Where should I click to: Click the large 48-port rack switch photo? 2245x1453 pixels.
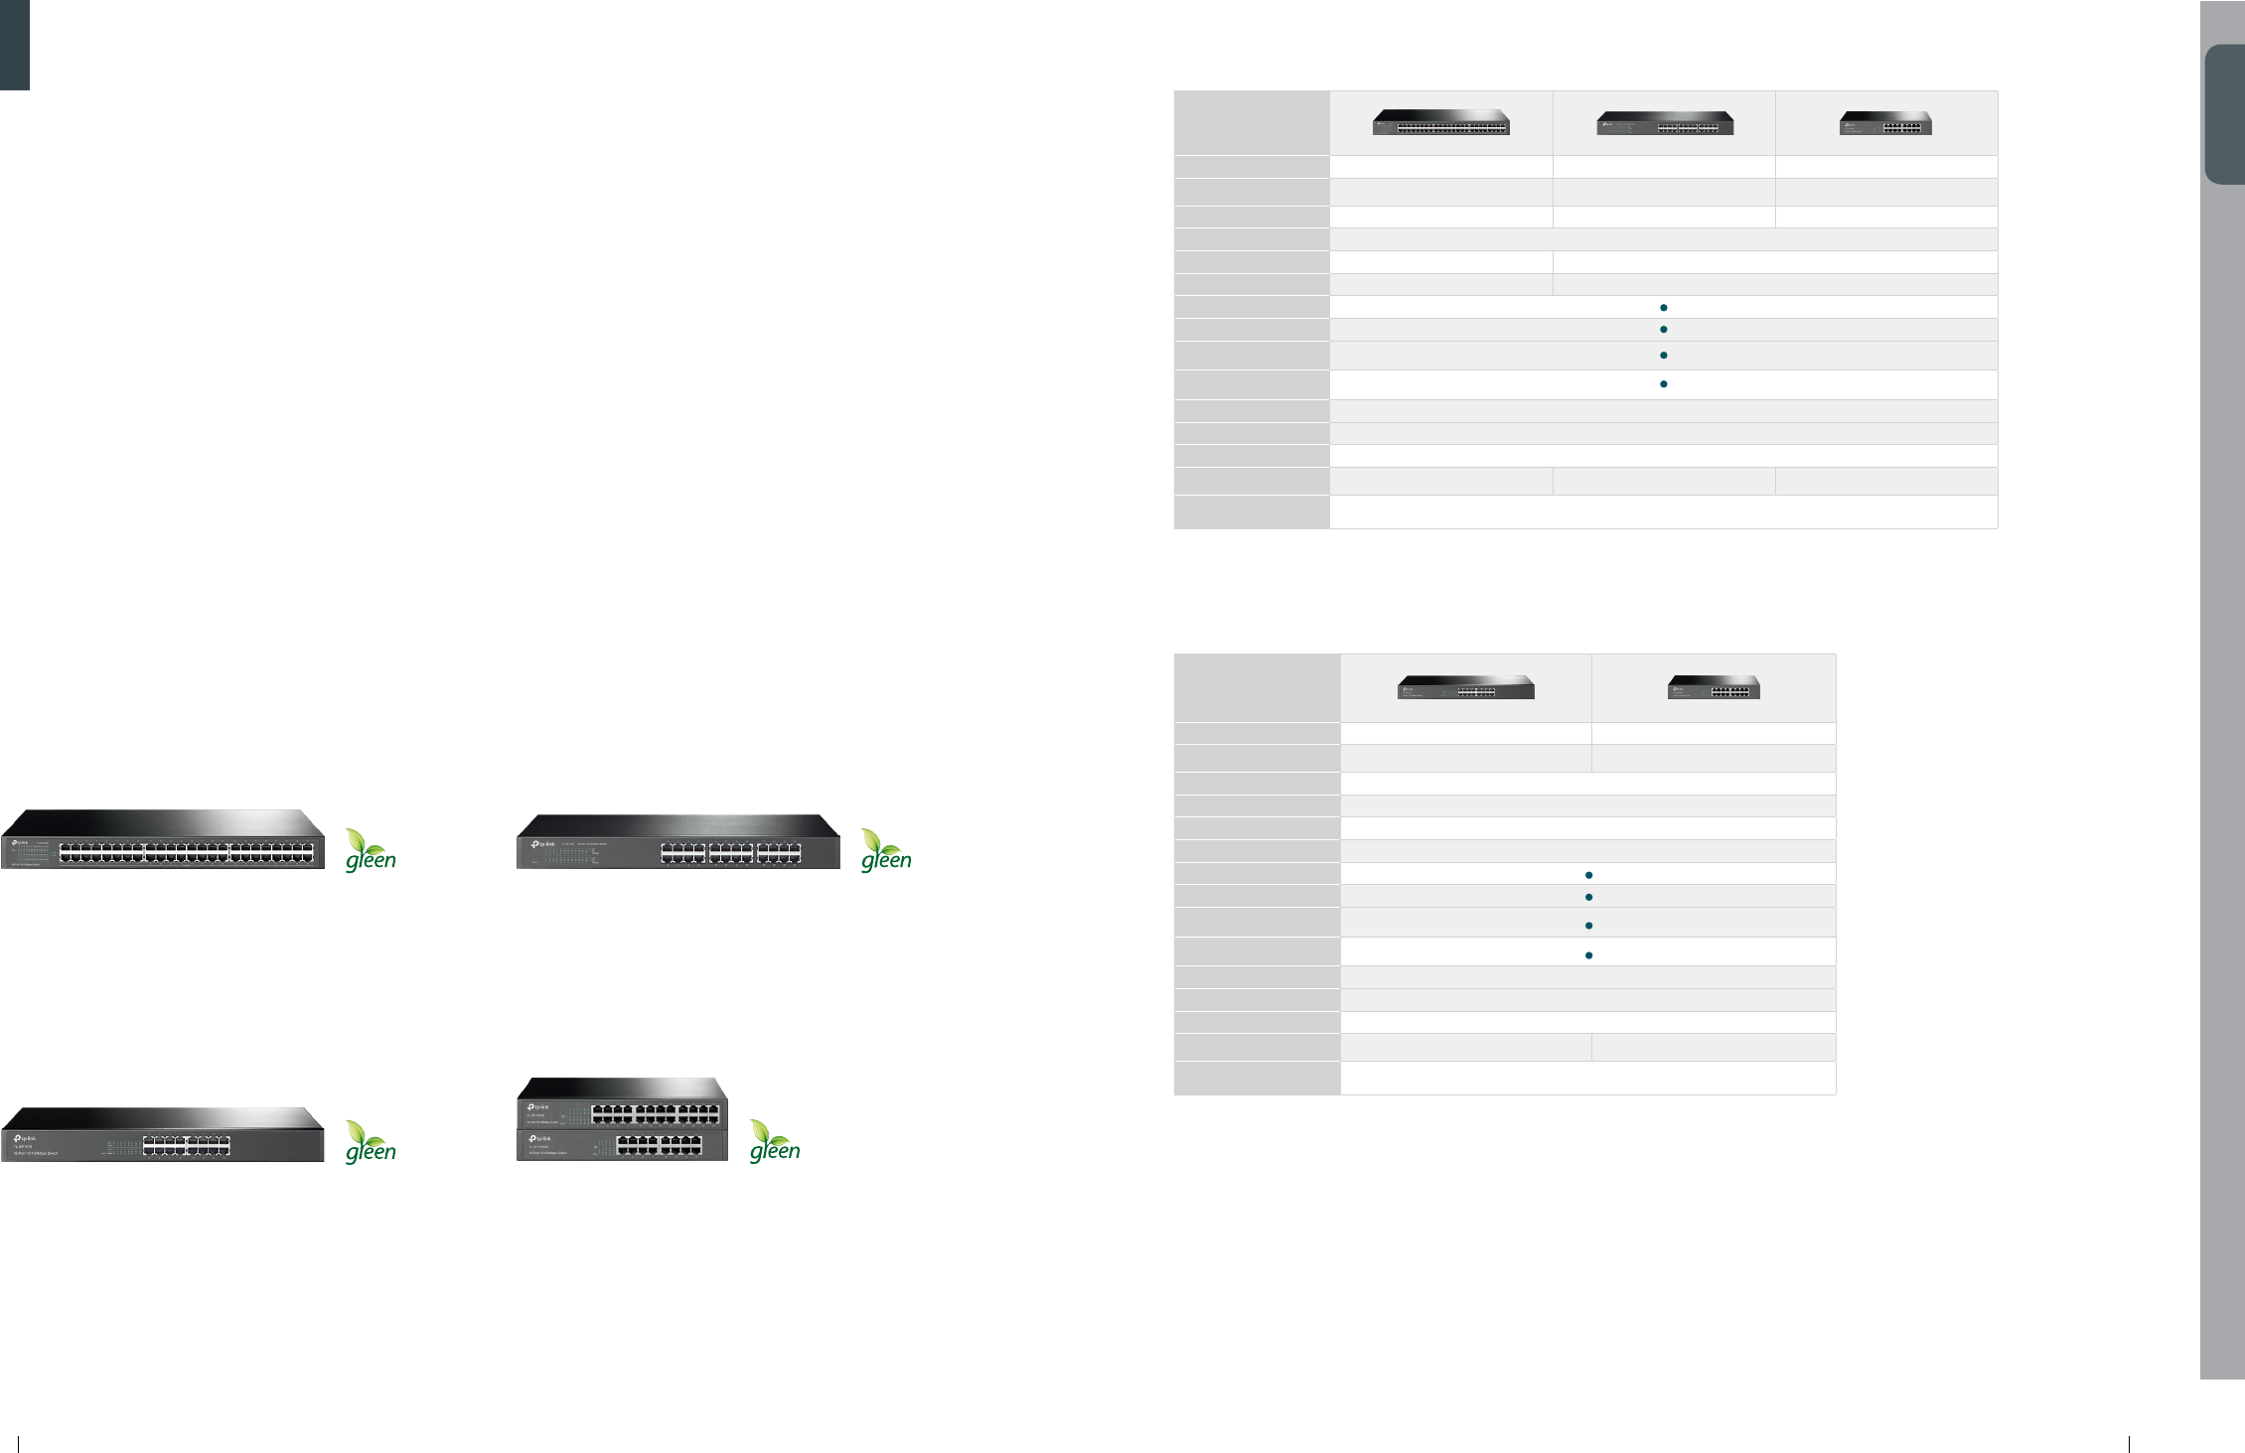point(163,840)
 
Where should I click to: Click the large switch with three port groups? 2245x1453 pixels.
point(677,842)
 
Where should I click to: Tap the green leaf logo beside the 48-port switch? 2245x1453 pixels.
point(371,851)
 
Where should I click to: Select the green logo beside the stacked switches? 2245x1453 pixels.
point(774,1141)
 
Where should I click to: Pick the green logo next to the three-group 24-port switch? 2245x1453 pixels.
point(885,851)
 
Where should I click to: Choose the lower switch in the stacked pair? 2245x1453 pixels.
point(622,1146)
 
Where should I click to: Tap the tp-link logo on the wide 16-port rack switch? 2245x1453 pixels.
point(25,1138)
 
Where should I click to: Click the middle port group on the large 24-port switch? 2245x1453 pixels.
point(731,853)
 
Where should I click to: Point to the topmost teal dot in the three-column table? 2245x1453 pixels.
point(1663,308)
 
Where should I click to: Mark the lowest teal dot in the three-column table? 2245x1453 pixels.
point(1663,383)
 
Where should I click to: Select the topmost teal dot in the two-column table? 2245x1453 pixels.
point(1588,875)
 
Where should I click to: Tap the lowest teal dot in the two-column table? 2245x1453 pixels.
point(1588,955)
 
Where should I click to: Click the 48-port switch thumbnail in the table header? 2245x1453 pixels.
point(1440,122)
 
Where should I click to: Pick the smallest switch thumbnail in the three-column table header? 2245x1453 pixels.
point(1885,123)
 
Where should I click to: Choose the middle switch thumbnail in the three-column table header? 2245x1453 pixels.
point(1665,123)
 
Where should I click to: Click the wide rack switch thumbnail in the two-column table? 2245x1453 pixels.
point(1465,687)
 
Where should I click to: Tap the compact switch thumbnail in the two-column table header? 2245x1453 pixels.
point(1714,687)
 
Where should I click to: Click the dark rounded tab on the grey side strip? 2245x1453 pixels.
point(2225,114)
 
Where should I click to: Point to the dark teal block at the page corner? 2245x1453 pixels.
point(15,45)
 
